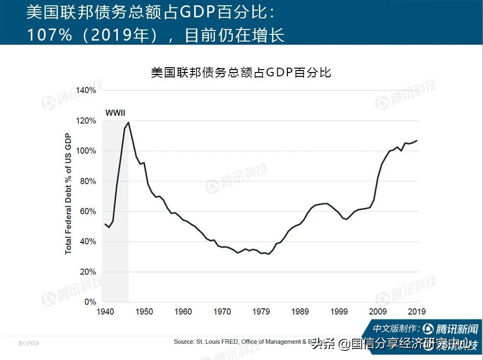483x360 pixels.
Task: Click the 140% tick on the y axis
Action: click(87, 90)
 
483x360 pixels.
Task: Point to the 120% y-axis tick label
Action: click(87, 121)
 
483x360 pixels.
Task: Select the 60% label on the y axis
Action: click(88, 212)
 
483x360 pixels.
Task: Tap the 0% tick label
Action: click(90, 302)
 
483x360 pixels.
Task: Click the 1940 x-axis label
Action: click(105, 312)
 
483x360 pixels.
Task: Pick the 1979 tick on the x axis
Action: click(261, 312)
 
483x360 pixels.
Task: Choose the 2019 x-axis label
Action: click(417, 312)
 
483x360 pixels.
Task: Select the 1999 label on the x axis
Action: click(339, 312)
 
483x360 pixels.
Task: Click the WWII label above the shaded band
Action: click(115, 113)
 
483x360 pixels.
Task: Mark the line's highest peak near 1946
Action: click(128, 122)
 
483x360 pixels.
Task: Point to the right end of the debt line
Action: click(417, 141)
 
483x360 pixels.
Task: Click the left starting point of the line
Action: click(105, 224)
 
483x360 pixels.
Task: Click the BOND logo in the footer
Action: click(28, 344)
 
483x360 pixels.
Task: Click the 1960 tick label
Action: click(183, 312)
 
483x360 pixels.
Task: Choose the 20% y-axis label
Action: click(88, 272)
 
